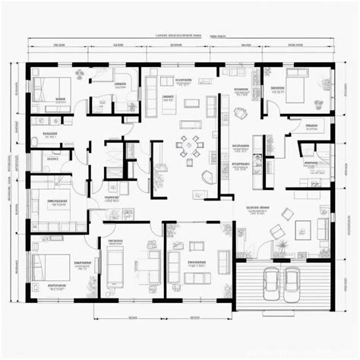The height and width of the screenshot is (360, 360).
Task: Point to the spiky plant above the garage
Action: click(279, 244)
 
